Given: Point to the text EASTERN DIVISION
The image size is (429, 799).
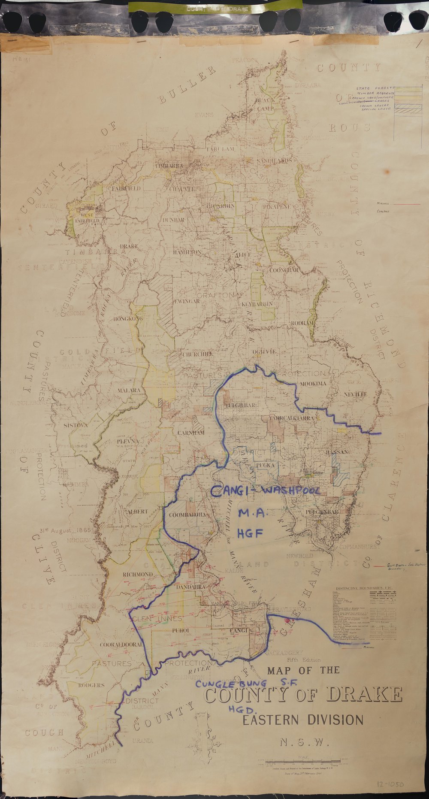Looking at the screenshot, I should (x=303, y=720).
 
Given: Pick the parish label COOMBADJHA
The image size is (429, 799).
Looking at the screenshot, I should (x=187, y=515).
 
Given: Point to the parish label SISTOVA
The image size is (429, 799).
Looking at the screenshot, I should (x=76, y=425).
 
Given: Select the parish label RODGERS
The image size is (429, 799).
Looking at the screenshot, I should (x=91, y=685).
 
